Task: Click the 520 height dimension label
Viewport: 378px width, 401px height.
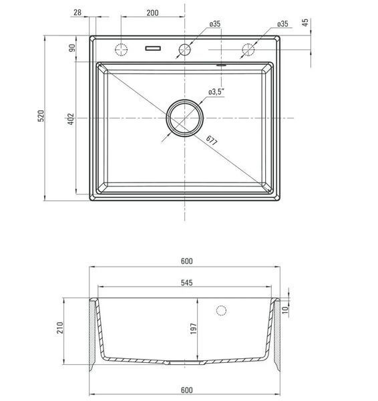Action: point(41,116)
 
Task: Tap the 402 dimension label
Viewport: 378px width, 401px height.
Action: point(71,119)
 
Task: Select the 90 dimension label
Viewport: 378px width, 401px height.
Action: point(72,48)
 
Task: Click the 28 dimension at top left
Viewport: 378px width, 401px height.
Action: point(77,12)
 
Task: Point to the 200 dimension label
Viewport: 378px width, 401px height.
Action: point(152,13)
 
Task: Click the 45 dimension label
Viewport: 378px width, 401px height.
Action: point(305,22)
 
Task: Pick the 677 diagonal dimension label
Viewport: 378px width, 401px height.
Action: point(212,140)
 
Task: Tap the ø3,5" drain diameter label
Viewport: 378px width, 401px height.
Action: point(216,92)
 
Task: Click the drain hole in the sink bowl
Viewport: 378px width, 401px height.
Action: point(185,118)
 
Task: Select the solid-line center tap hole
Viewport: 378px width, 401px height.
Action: point(185,49)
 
